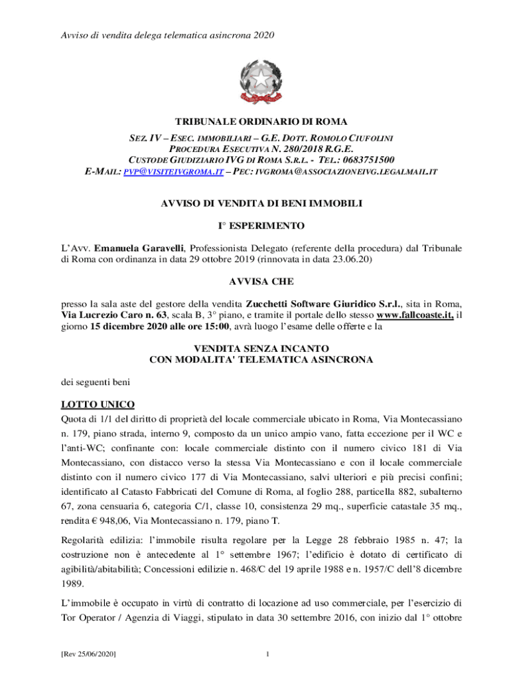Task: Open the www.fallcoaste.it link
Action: [415, 315]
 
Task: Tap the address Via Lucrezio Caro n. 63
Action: [110, 315]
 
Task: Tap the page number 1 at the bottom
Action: [266, 655]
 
